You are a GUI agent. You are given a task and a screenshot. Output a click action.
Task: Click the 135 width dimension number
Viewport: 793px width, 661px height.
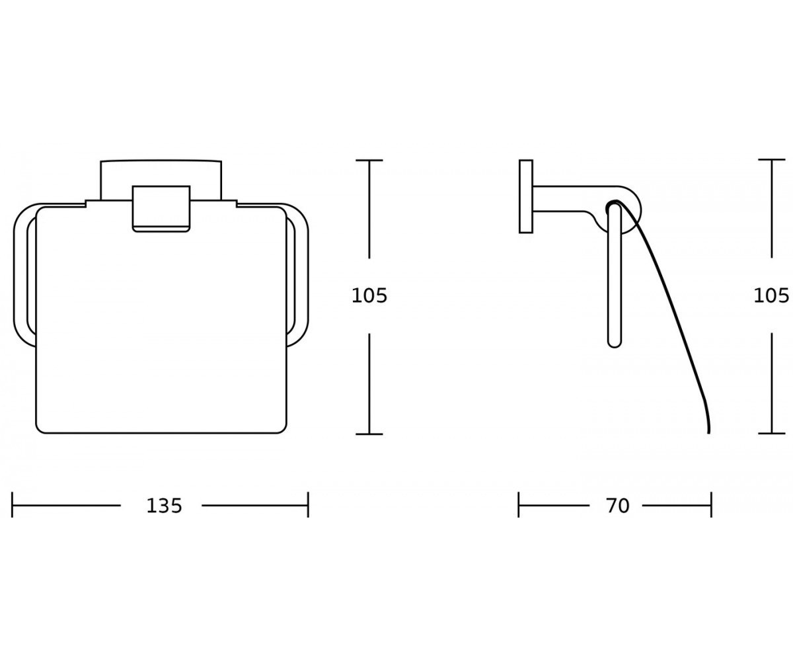pos(164,506)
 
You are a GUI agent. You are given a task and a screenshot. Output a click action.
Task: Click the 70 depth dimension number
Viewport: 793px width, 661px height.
pos(618,506)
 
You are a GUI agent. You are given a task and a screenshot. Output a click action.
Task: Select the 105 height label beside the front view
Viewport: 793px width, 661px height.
pos(369,296)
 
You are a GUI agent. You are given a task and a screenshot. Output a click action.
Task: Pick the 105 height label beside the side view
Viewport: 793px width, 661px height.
pos(771,296)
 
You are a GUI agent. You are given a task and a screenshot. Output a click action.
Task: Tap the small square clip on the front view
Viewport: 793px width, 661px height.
pos(161,209)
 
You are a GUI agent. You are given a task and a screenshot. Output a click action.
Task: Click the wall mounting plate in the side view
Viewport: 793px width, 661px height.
pos(526,196)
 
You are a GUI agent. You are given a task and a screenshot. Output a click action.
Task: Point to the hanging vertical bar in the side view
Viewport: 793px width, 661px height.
pos(615,276)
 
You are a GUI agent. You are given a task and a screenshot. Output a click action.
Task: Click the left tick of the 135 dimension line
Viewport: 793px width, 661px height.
pos(12,505)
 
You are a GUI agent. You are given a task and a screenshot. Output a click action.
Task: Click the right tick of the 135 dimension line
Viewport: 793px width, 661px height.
pos(308,505)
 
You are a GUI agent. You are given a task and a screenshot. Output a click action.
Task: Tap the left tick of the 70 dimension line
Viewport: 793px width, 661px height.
pos(518,505)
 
